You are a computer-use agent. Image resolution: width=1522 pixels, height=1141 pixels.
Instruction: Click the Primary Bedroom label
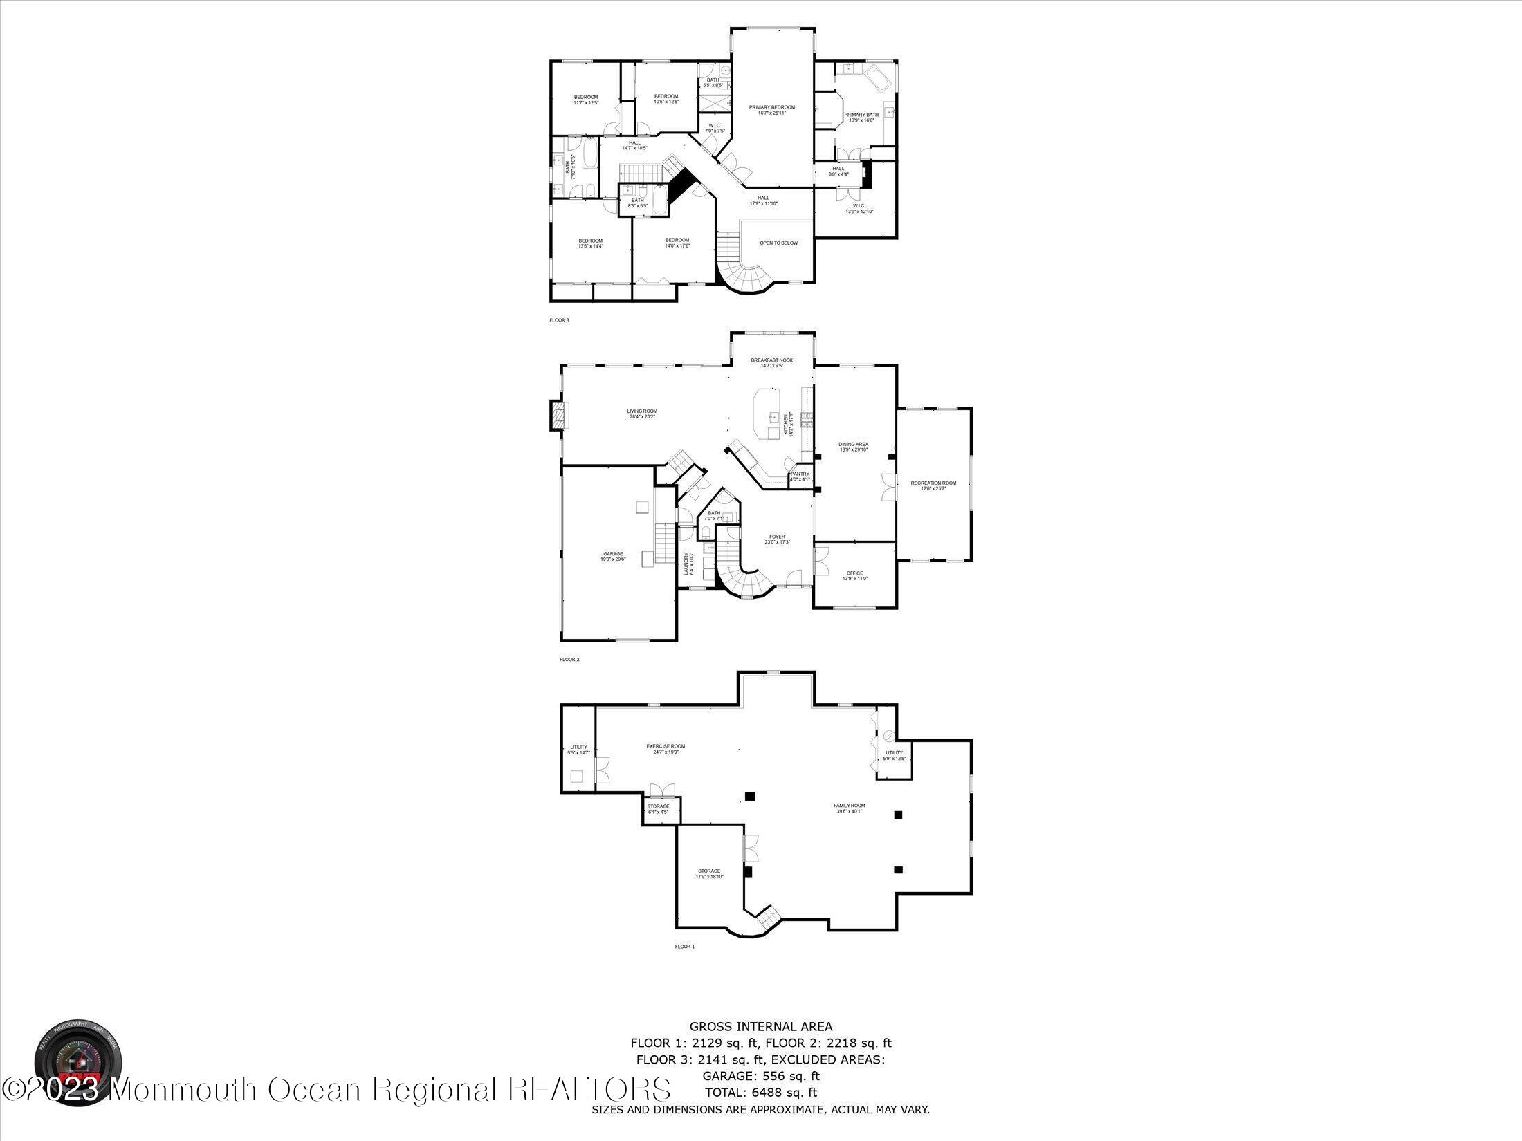[772, 110]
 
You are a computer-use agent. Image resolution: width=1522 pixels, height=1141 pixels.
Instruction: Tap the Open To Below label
[778, 243]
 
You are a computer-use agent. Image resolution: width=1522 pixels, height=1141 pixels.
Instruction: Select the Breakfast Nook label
[772, 362]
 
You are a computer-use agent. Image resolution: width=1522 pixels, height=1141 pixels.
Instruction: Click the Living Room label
[642, 414]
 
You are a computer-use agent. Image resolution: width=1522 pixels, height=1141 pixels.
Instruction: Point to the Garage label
[613, 556]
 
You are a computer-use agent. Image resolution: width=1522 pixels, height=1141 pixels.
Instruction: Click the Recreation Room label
[933, 485]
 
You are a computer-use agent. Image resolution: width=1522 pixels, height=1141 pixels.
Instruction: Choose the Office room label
[854, 575]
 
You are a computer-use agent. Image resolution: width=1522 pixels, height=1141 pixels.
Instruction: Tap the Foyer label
[777, 539]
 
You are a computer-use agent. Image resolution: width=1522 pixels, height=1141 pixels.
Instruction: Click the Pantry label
[800, 476]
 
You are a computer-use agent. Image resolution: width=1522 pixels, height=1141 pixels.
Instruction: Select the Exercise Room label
[666, 748]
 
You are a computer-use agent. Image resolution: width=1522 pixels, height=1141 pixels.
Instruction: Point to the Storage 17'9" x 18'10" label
[709, 873]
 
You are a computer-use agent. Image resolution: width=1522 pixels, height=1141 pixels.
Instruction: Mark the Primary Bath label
[861, 117]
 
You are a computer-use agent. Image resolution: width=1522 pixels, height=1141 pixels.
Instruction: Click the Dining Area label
[854, 447]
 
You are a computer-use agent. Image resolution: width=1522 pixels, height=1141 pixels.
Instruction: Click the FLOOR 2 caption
[569, 660]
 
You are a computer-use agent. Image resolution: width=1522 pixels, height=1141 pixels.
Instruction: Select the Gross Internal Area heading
[760, 1027]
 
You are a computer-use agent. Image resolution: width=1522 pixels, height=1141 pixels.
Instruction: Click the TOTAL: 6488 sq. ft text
[760, 1093]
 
